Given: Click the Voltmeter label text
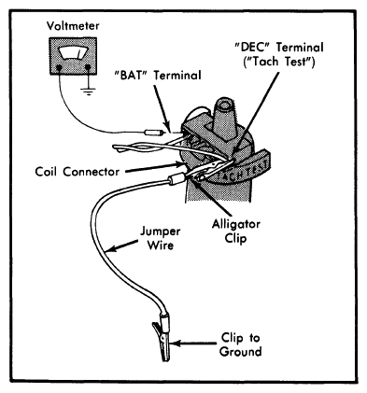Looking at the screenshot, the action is pos(73,26).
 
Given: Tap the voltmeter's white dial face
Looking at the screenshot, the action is pos(73,53).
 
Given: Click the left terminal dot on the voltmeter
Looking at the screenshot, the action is pos(59,67).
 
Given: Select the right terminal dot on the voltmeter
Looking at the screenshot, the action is pos(88,67).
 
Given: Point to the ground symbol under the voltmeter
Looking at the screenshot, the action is pos(89,91).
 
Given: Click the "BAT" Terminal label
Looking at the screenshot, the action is pos(158,76).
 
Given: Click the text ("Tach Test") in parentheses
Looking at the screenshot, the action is pos(279,62).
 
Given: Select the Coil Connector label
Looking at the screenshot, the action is pos(77,172).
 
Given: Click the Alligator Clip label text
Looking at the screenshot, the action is pos(235,232).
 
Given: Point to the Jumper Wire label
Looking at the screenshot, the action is pos(160,238).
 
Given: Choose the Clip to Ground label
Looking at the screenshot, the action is pos(240,344).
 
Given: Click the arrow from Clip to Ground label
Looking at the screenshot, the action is pos(193,344).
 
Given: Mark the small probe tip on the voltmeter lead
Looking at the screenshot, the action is pos(154,133).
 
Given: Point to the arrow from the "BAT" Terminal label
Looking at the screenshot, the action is pos(161,106).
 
